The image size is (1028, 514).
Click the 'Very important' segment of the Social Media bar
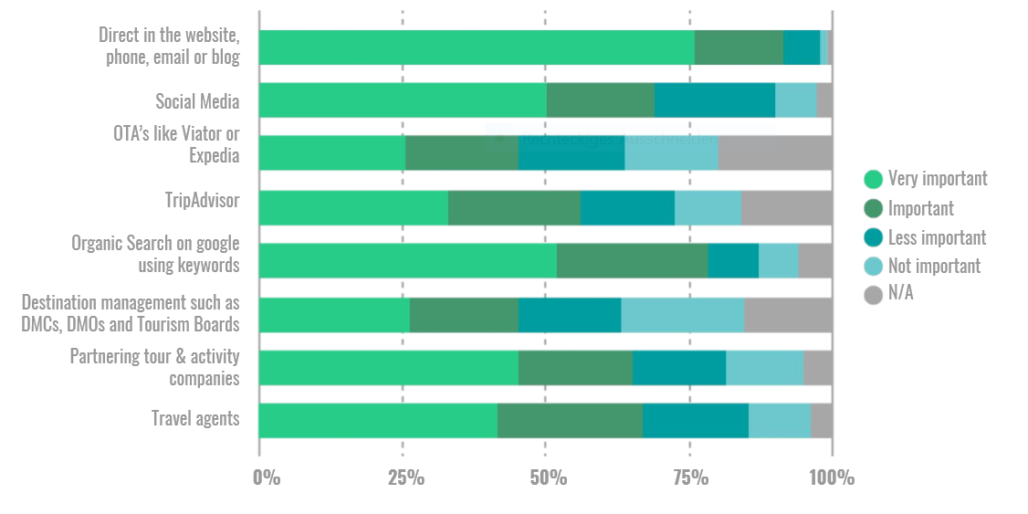tap(403, 100)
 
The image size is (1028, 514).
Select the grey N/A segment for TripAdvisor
tap(786, 207)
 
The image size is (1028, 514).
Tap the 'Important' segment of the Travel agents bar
tap(570, 420)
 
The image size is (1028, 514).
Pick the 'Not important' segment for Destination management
tap(682, 314)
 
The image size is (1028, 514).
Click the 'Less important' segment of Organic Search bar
tap(733, 261)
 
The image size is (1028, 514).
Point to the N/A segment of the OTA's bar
tap(775, 153)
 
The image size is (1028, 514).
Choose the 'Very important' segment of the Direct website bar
tap(476, 47)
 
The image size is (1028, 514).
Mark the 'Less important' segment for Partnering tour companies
tap(678, 367)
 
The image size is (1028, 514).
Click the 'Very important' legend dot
tap(873, 179)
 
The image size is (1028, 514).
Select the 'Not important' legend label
tap(934, 266)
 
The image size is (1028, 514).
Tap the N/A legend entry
tap(900, 294)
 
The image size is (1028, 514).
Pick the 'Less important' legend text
tap(937, 237)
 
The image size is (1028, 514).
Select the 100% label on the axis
tap(832, 477)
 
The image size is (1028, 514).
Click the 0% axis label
tap(267, 477)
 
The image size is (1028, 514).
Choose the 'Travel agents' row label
tap(195, 419)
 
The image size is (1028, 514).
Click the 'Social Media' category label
tap(197, 101)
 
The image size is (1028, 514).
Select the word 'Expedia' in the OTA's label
tap(214, 155)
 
